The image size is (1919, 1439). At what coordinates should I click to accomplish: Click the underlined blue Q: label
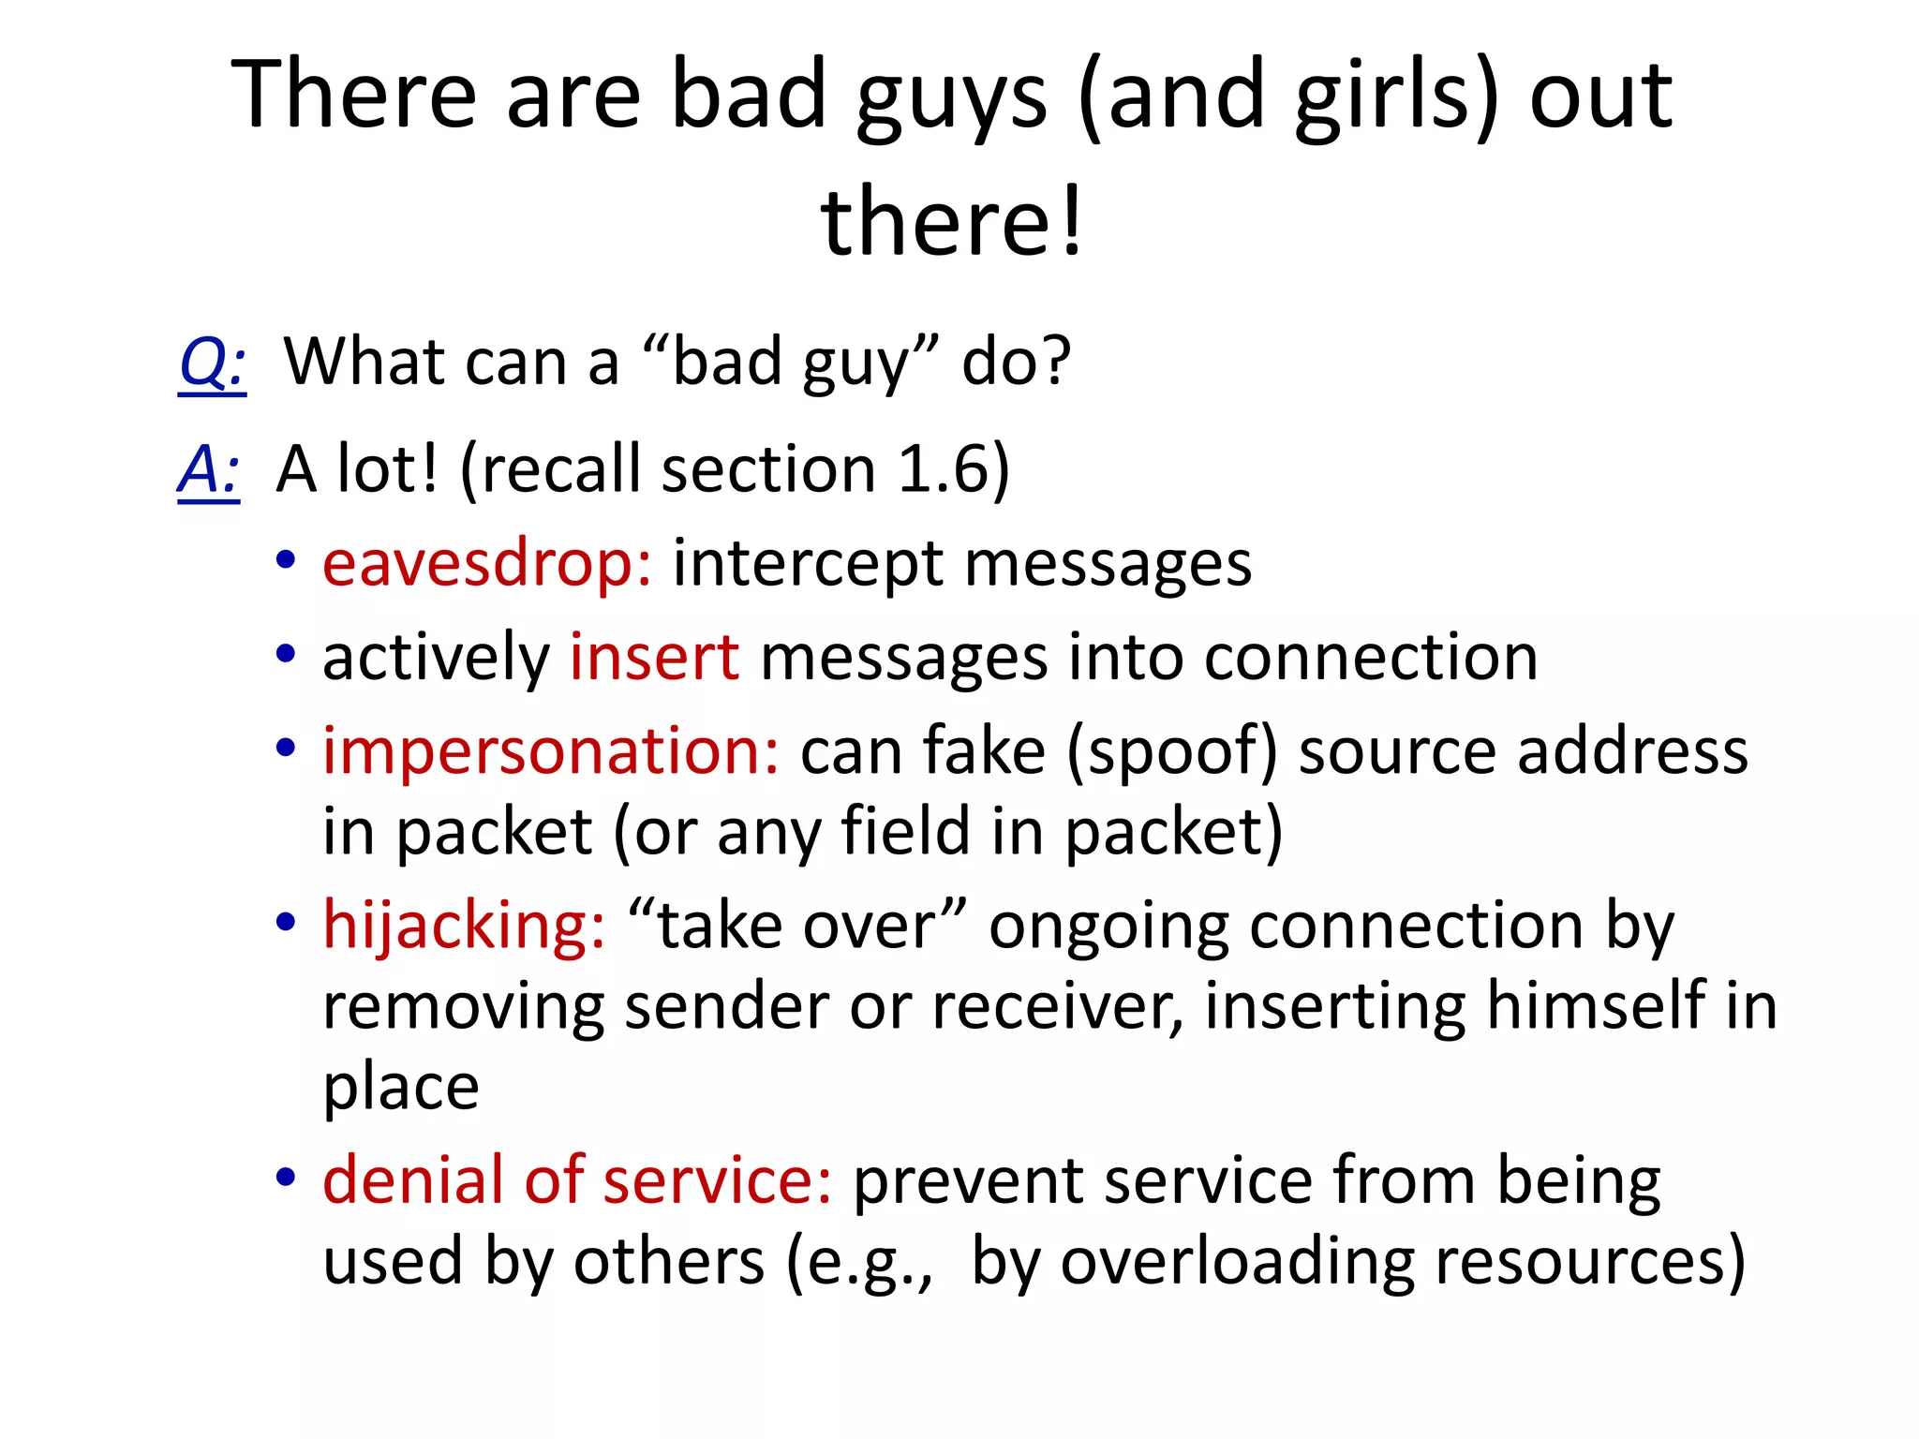coord(213,363)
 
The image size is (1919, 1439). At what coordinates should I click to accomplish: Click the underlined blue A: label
coord(209,469)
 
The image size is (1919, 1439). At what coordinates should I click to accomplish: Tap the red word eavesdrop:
coord(486,564)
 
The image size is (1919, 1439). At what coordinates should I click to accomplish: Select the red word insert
coord(654,657)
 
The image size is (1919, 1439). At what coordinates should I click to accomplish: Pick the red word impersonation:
coord(550,751)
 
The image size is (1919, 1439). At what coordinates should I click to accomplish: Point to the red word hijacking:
coord(464,926)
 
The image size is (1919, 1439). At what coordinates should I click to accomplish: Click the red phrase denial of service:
coord(576,1179)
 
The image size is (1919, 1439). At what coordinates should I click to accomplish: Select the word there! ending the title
coord(953,222)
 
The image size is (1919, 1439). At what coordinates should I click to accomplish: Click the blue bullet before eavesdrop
coord(286,561)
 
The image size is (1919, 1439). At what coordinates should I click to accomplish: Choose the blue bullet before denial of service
coord(286,1177)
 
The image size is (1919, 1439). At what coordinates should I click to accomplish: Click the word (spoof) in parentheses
coord(1171,753)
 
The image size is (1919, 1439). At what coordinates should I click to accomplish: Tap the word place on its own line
coord(401,1088)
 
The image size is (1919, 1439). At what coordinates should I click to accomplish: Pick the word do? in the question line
coord(1017,363)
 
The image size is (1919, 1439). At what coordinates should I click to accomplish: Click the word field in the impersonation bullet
coord(905,832)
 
